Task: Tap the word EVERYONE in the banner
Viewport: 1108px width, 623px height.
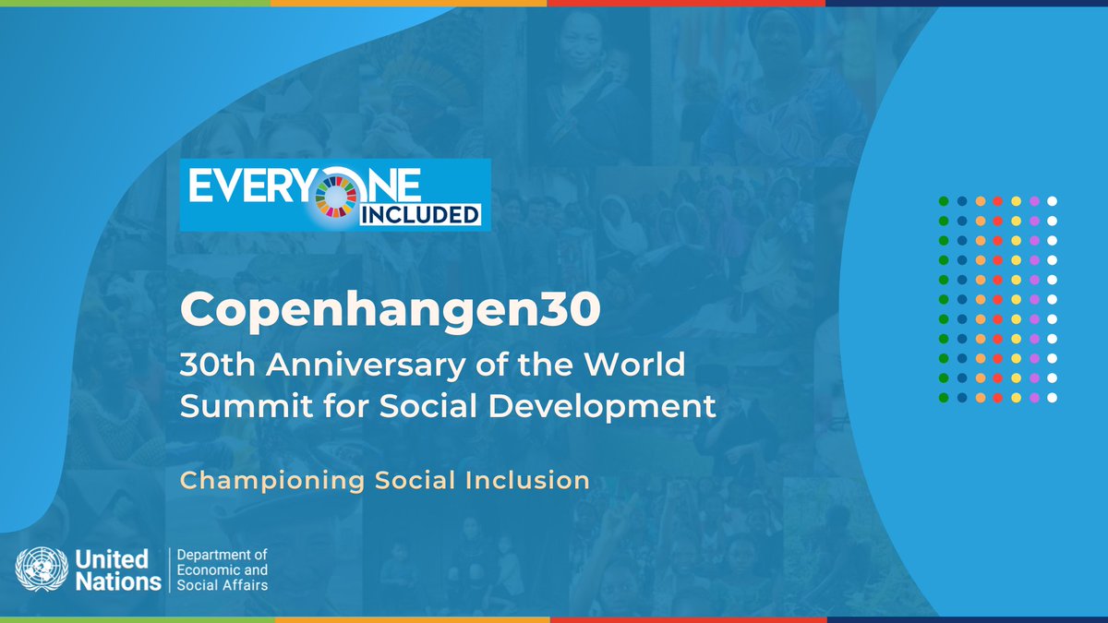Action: pyautogui.click(x=305, y=186)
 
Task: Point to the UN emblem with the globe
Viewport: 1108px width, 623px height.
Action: pyautogui.click(x=41, y=569)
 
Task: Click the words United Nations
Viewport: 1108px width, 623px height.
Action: pyautogui.click(x=113, y=570)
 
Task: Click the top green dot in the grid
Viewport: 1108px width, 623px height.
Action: pyautogui.click(x=943, y=200)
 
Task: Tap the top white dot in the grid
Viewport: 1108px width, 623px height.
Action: pyautogui.click(x=1052, y=200)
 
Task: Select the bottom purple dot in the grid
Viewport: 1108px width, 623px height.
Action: pyautogui.click(x=1033, y=397)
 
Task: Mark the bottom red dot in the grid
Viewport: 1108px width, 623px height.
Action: pyautogui.click(x=997, y=397)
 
